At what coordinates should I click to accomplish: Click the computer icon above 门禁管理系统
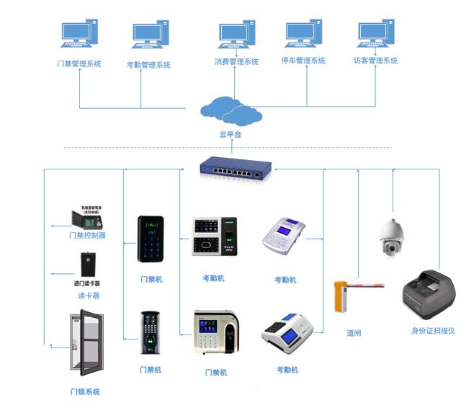pyautogui.click(x=79, y=34)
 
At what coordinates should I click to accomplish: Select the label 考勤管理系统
pyautogui.click(x=148, y=65)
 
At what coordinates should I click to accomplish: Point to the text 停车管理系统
pyautogui.click(x=303, y=61)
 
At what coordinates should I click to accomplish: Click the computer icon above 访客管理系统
pyautogui.click(x=377, y=35)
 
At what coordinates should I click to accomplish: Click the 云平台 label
pyautogui.click(x=230, y=134)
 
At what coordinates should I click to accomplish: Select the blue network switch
pyautogui.click(x=236, y=168)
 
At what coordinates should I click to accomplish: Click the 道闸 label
pyautogui.click(x=354, y=333)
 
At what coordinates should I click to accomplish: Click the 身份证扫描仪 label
pyautogui.click(x=433, y=330)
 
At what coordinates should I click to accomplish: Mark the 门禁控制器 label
pyautogui.click(x=87, y=235)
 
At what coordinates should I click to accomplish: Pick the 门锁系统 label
pyautogui.click(x=85, y=391)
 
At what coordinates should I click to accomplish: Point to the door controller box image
pyautogui.click(x=85, y=217)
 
